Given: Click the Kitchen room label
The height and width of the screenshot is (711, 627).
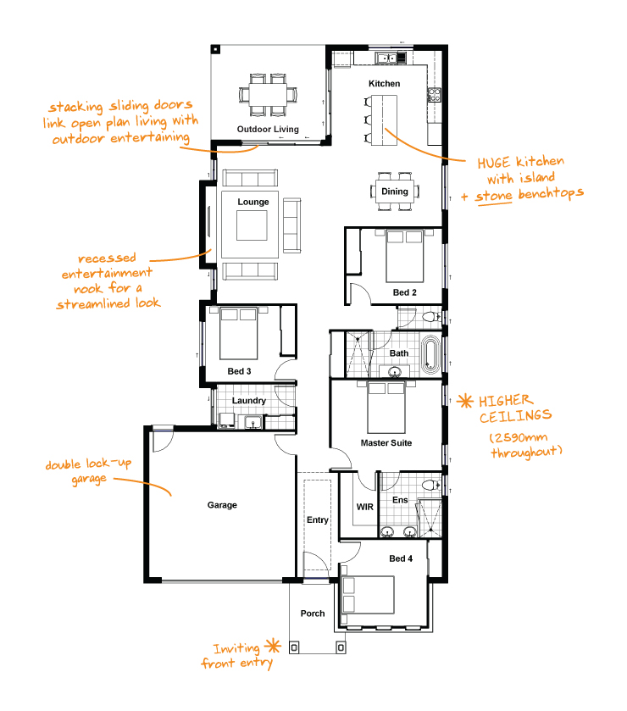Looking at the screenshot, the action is tap(384, 83).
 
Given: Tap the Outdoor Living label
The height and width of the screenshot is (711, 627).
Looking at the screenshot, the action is tap(268, 129).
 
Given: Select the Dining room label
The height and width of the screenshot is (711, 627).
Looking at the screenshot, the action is tap(395, 192).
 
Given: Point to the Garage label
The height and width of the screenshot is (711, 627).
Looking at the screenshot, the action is tap(222, 505).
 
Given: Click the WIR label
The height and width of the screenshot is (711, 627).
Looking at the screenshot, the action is tap(364, 507).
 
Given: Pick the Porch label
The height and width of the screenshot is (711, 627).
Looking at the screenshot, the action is tap(313, 613).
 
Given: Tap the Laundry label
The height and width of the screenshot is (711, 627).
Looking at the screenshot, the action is tap(248, 400).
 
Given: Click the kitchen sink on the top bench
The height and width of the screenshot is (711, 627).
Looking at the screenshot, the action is tap(386, 58).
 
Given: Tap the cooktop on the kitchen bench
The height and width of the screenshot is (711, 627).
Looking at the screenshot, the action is tap(434, 95).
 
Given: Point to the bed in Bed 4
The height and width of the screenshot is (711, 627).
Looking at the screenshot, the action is tap(367, 594).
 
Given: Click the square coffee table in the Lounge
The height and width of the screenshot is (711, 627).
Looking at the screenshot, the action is tap(252, 225).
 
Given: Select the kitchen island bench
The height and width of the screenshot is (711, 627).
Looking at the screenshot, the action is tap(384, 120).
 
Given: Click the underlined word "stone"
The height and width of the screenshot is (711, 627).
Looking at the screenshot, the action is tap(494, 197).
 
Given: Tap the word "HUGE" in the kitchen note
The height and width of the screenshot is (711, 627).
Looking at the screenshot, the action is tap(494, 163).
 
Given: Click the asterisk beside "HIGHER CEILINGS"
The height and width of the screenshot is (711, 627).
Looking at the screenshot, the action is tap(464, 401).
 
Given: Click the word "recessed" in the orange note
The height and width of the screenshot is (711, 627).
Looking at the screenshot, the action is tap(107, 258).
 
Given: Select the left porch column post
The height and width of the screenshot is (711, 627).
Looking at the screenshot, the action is tap(294, 647).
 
